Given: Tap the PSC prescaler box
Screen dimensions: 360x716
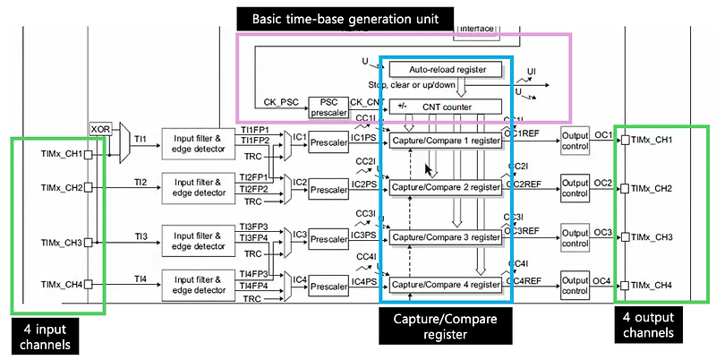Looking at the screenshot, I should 327,107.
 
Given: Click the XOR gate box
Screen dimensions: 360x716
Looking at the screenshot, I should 99,129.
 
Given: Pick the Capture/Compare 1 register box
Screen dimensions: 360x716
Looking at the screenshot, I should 445,141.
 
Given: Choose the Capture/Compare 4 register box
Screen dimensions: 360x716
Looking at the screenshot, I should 445,285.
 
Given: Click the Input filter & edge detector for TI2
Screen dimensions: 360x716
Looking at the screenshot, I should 200,188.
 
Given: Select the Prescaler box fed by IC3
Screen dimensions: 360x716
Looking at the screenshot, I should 329,239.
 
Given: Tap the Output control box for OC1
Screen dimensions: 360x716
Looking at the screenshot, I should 575,140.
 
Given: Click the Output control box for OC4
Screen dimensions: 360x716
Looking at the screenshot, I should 575,285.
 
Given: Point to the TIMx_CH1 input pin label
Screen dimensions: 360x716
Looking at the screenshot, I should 61,154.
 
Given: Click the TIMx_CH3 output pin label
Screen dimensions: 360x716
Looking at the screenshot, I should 652,237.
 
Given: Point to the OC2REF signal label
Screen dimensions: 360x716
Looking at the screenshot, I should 524,184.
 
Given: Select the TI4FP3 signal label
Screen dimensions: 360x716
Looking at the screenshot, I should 255,274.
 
